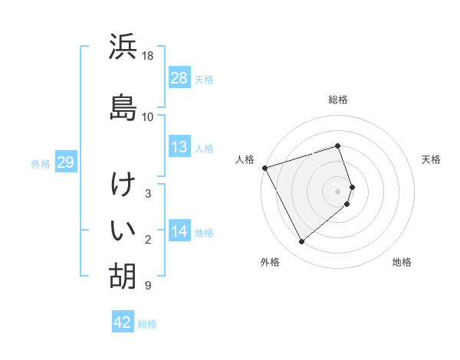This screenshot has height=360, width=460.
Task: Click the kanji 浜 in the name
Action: [123, 47]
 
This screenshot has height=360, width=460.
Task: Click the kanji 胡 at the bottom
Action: [123, 276]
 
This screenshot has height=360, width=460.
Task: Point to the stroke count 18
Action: [148, 56]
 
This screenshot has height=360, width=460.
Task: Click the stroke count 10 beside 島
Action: [148, 116]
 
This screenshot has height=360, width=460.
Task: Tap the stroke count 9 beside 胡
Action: [147, 286]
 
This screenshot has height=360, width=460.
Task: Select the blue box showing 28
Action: [179, 78]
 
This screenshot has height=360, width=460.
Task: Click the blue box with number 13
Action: [179, 148]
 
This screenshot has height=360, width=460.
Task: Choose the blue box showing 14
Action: [179, 231]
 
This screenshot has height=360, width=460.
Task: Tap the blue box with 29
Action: [65, 163]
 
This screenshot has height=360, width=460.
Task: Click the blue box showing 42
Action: [123, 322]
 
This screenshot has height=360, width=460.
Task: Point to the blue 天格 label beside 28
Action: [204, 79]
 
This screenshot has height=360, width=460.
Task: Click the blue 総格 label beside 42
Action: [147, 323]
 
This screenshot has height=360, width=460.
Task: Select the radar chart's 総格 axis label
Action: [338, 100]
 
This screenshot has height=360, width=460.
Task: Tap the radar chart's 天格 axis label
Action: [432, 159]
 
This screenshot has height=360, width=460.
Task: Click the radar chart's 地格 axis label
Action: [402, 262]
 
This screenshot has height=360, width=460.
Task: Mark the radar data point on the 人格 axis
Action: [264, 167]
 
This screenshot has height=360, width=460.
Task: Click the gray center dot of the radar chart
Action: [338, 191]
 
